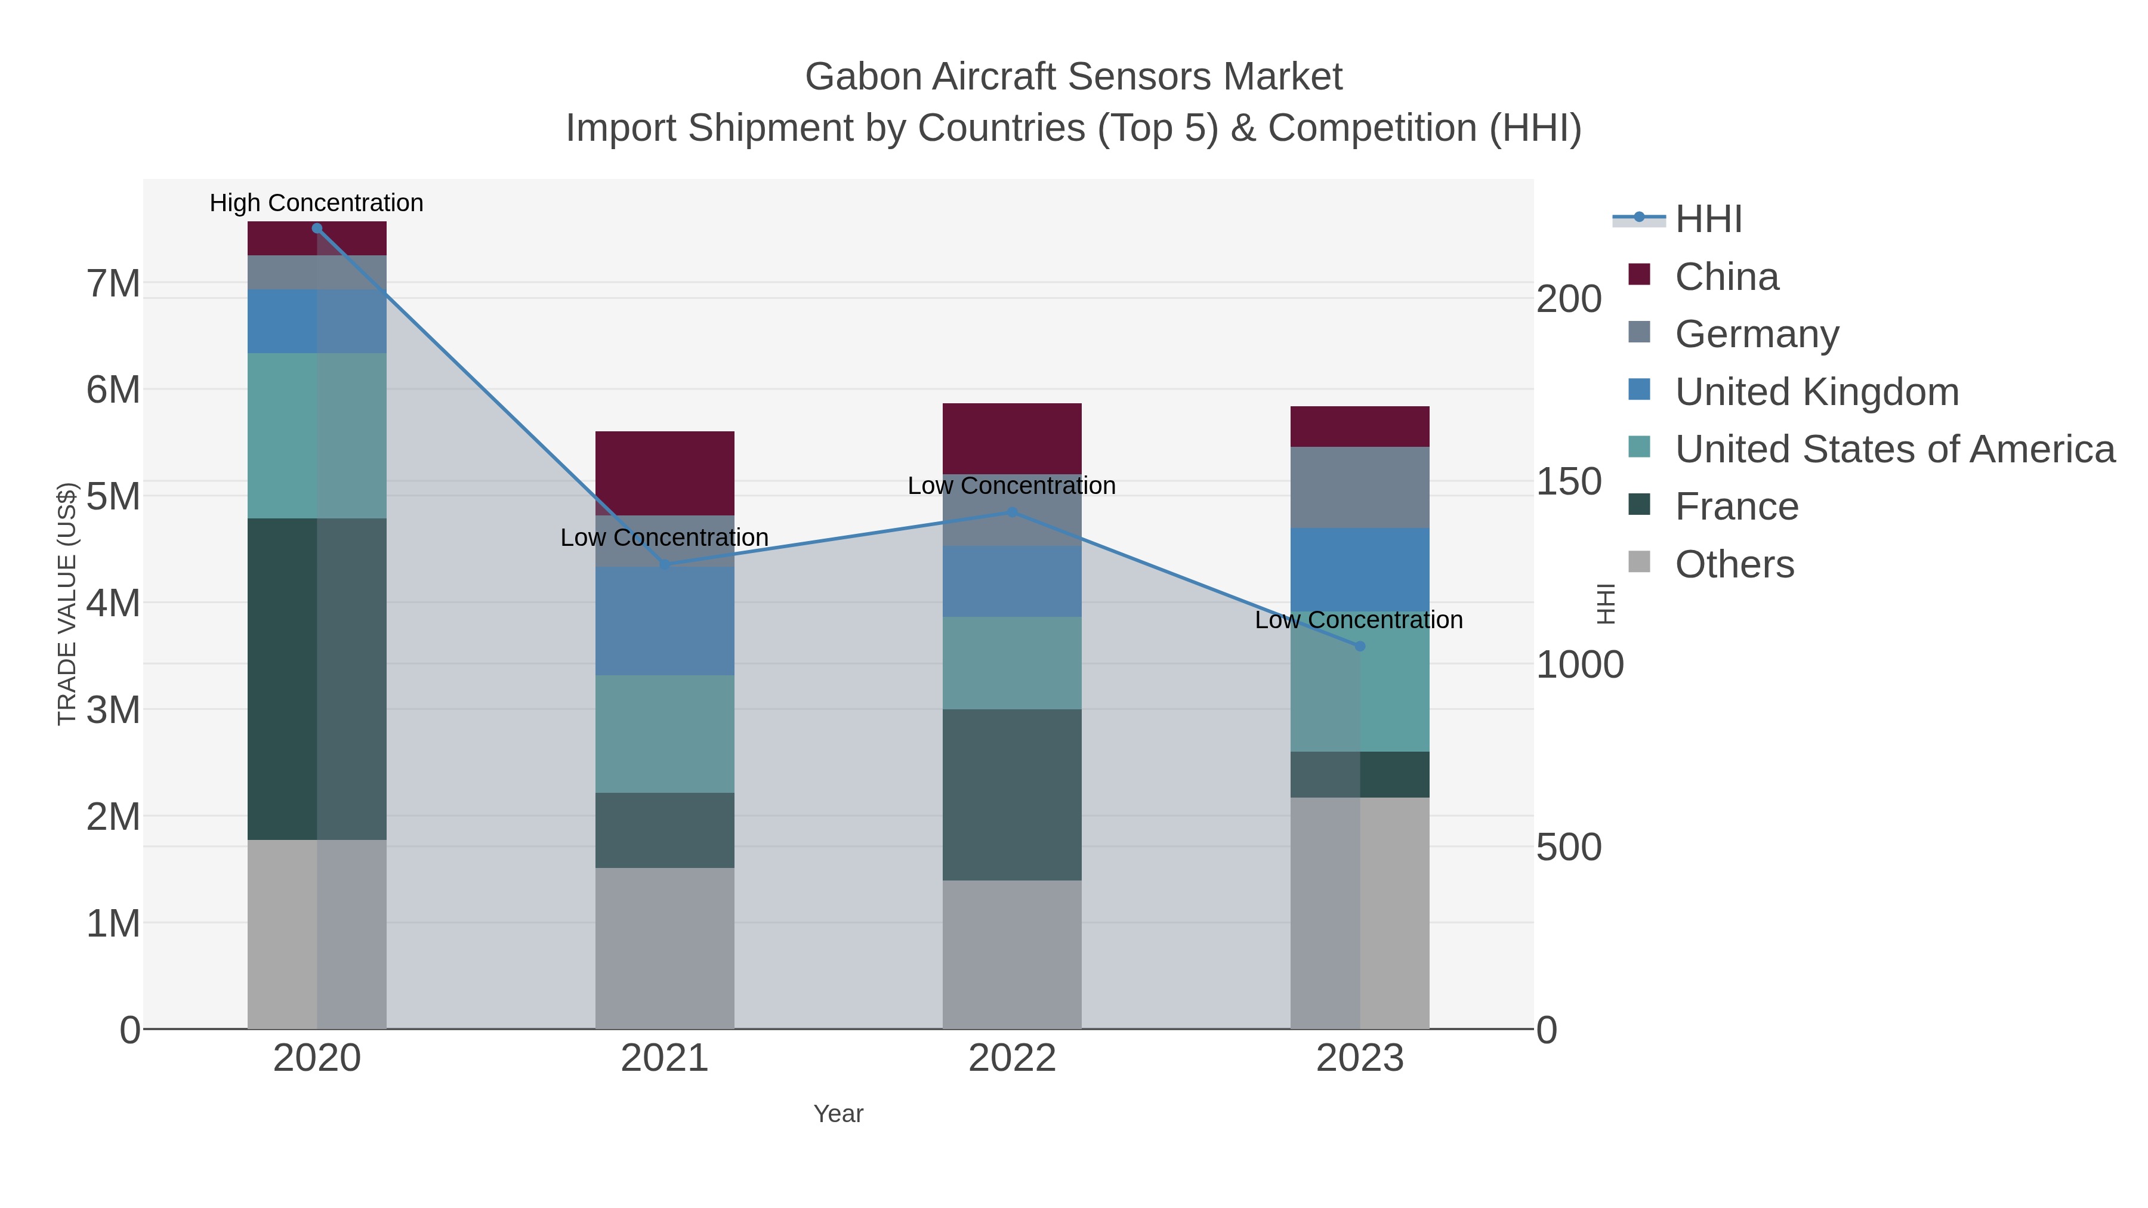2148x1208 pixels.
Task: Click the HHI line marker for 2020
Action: [x=317, y=228]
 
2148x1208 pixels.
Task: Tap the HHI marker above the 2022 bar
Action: [x=1013, y=512]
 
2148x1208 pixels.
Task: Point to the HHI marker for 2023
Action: [x=1360, y=646]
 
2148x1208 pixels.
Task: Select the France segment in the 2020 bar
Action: [x=317, y=679]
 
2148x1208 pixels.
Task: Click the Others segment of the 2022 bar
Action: [x=1013, y=954]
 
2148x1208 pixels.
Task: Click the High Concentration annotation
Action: [x=317, y=203]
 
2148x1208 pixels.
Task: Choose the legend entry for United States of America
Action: [x=1894, y=449]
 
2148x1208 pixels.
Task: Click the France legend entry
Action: [x=1736, y=507]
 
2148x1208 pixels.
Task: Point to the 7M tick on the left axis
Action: [x=113, y=285]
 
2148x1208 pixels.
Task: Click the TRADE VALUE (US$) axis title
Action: [x=67, y=604]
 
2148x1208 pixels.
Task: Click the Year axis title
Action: [x=838, y=1114]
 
